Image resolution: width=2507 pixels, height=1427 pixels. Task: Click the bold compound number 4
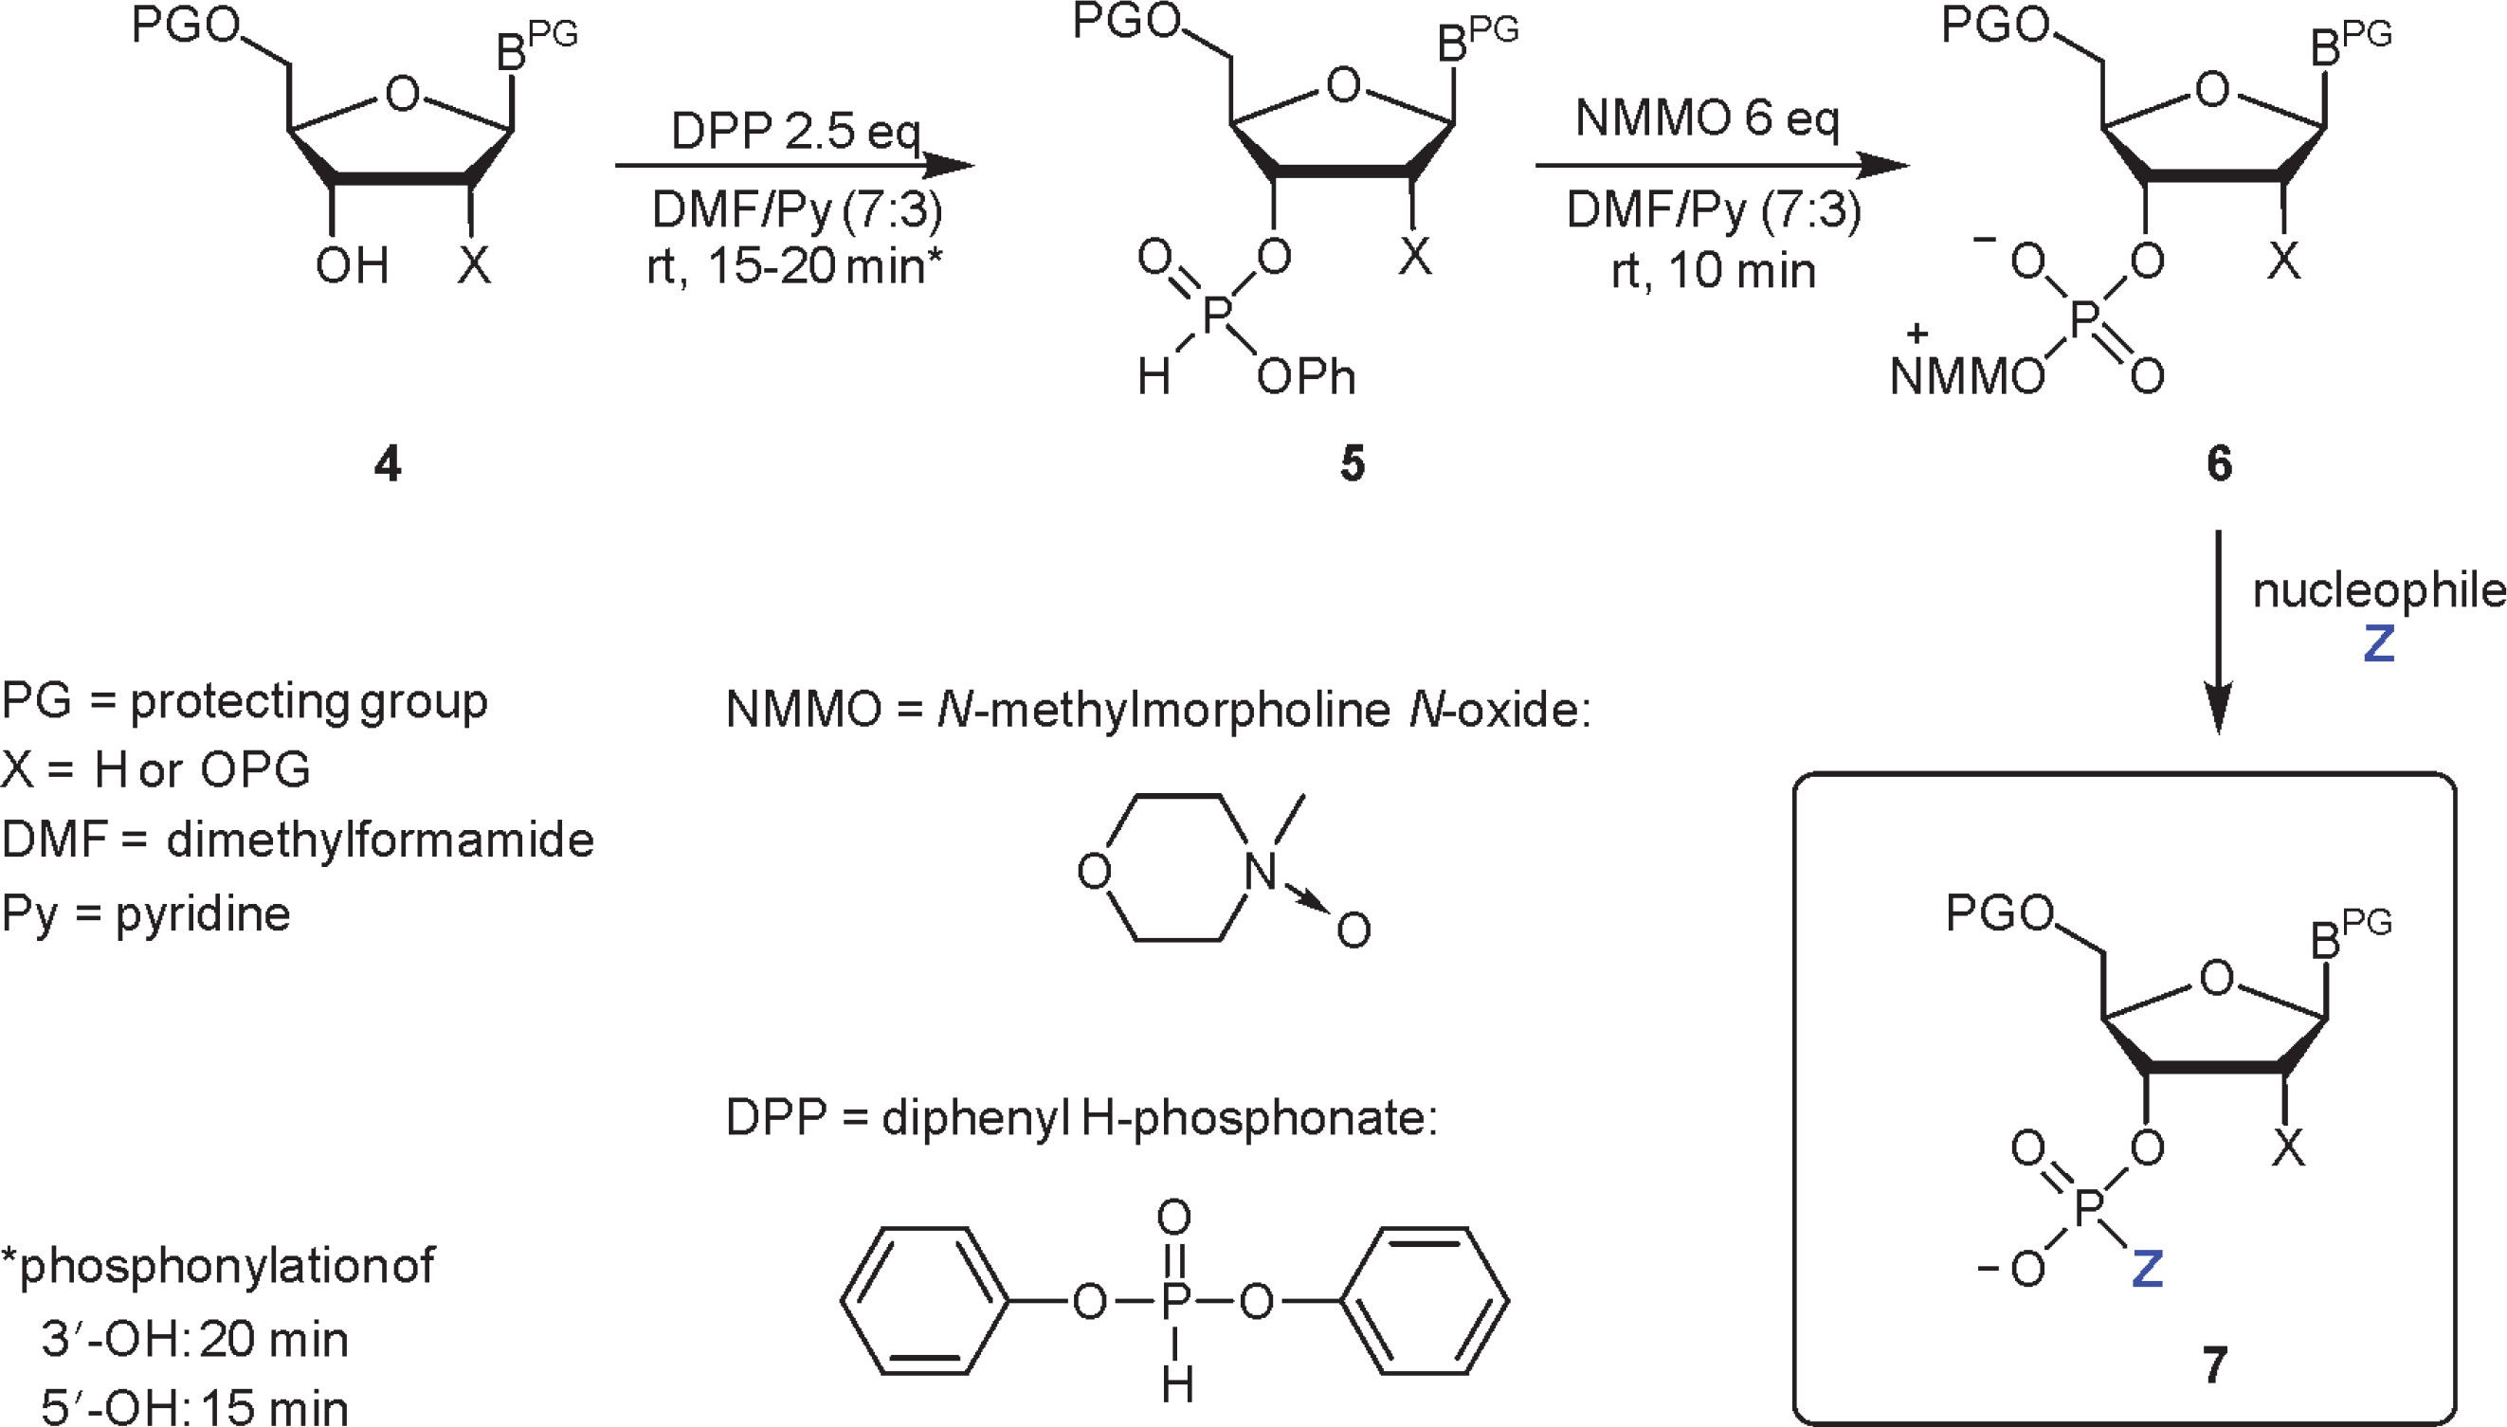click(388, 463)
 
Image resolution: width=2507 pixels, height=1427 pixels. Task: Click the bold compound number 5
click(1353, 463)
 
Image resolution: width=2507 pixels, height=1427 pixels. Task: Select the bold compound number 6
click(2219, 463)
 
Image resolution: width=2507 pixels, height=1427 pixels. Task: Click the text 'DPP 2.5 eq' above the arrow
click(795, 132)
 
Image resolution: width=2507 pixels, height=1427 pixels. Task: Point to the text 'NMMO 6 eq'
click(1707, 119)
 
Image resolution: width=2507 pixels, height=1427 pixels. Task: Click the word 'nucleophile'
click(2379, 591)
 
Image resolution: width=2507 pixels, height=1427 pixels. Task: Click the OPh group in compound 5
click(1305, 377)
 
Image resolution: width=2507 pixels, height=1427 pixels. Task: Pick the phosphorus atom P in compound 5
click(1215, 316)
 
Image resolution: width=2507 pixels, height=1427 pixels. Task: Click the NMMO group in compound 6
click(1966, 376)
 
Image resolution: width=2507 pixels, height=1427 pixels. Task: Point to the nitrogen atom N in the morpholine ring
click(1261, 872)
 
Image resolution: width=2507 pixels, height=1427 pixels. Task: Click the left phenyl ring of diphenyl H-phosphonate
click(923, 1301)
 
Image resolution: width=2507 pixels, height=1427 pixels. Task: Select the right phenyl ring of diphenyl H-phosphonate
click(1423, 1301)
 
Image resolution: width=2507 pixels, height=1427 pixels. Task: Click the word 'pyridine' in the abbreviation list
click(203, 914)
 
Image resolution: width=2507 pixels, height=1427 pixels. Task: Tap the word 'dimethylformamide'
click(380, 840)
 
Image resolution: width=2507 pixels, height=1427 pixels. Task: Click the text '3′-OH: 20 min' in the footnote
click(194, 1340)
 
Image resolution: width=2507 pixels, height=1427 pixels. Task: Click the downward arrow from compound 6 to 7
click(2218, 632)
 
